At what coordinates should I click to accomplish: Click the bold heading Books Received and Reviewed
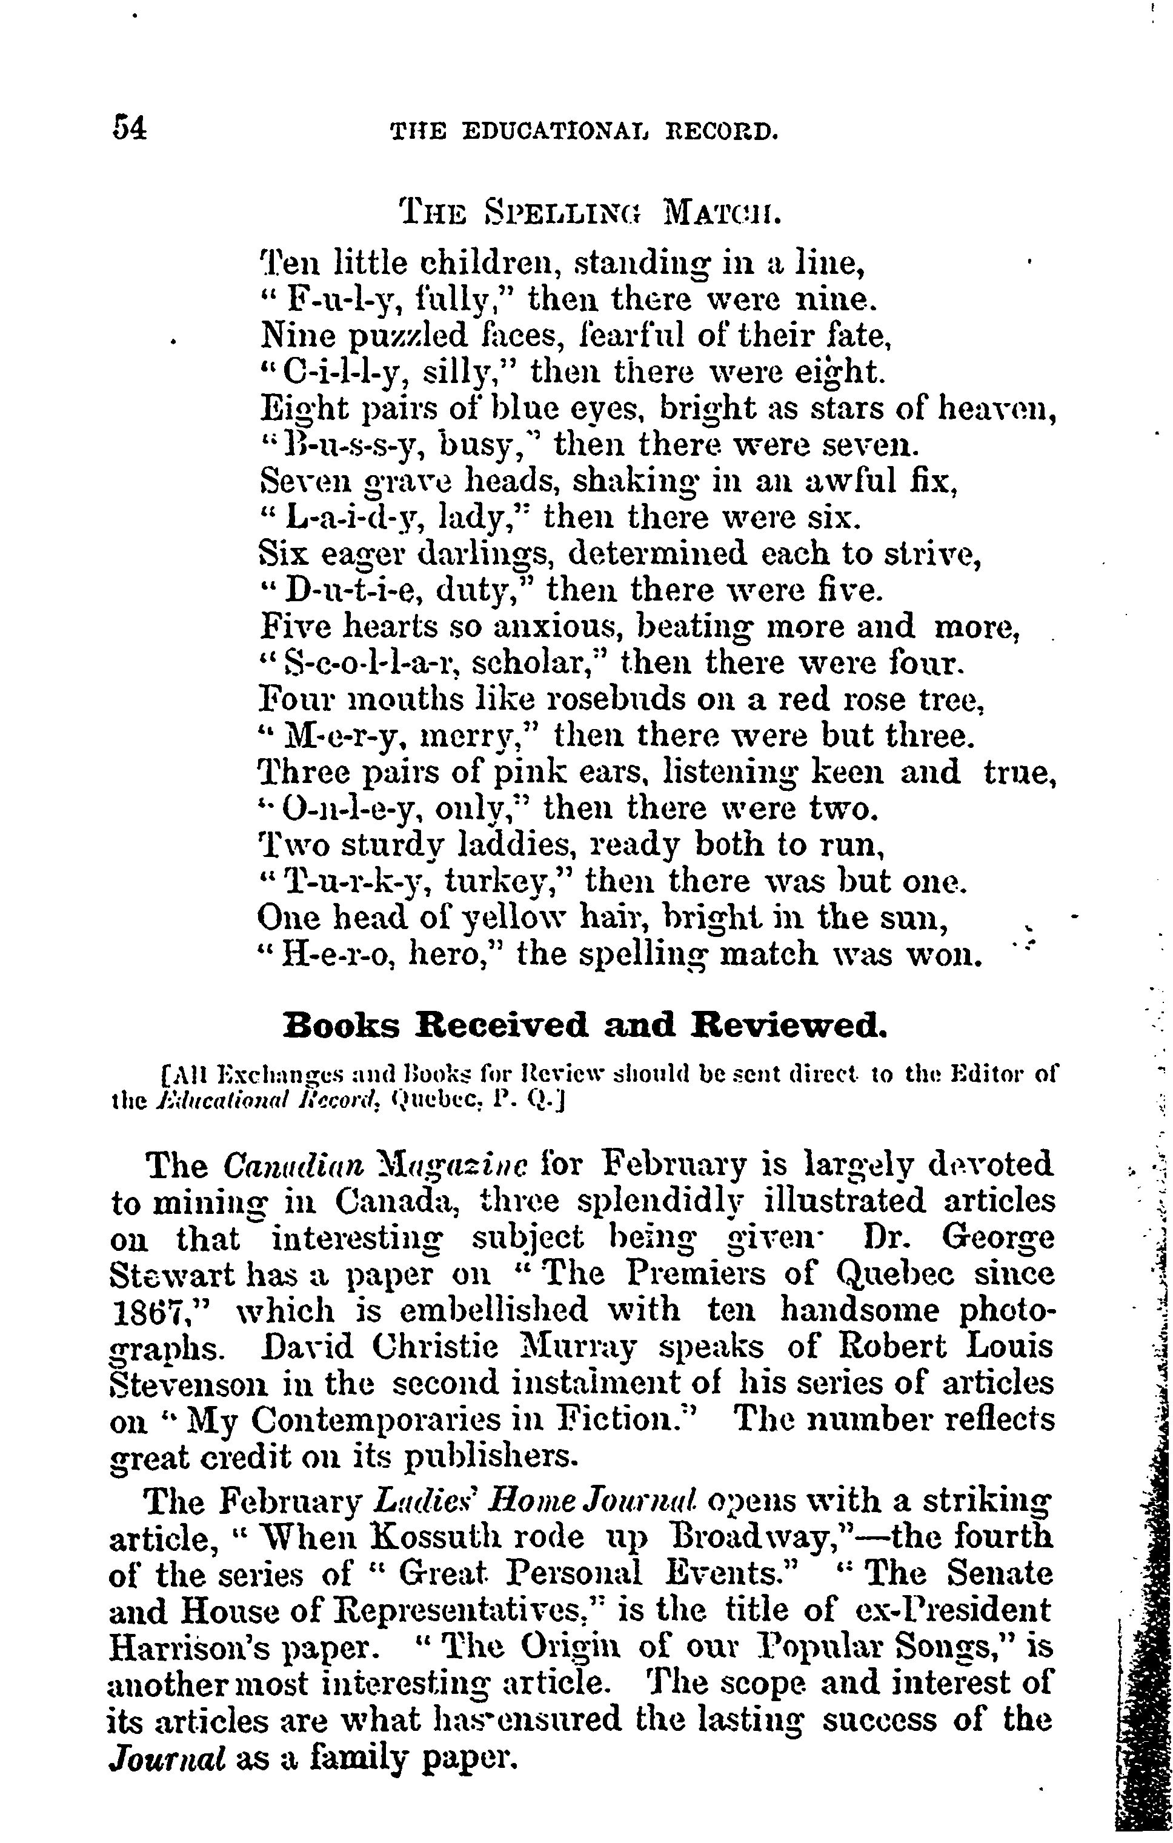click(585, 1025)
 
